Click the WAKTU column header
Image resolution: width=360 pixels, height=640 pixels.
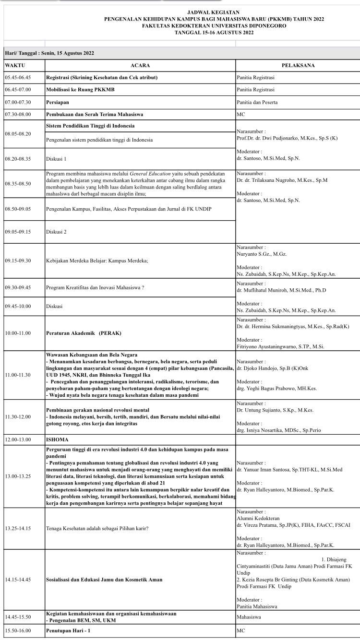(x=15, y=65)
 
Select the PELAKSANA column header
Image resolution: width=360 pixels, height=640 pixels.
(x=298, y=65)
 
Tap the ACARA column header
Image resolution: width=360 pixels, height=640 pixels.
(x=140, y=65)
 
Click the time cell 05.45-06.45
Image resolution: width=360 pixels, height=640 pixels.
(x=18, y=77)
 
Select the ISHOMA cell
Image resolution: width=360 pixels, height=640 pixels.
(x=57, y=439)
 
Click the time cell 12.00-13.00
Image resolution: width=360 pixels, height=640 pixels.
(x=18, y=439)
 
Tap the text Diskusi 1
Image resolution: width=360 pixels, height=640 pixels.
(x=56, y=158)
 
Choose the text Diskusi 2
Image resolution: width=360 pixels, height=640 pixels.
(x=56, y=232)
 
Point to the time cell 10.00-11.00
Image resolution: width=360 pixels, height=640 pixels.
(x=18, y=333)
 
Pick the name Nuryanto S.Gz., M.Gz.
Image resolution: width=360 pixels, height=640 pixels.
(x=262, y=254)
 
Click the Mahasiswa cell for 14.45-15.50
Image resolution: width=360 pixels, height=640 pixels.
(x=249, y=616)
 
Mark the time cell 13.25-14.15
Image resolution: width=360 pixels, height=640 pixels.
(x=18, y=528)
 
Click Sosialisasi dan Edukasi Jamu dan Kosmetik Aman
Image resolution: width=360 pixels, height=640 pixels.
(x=104, y=580)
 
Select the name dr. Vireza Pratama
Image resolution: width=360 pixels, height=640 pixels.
(x=259, y=525)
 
